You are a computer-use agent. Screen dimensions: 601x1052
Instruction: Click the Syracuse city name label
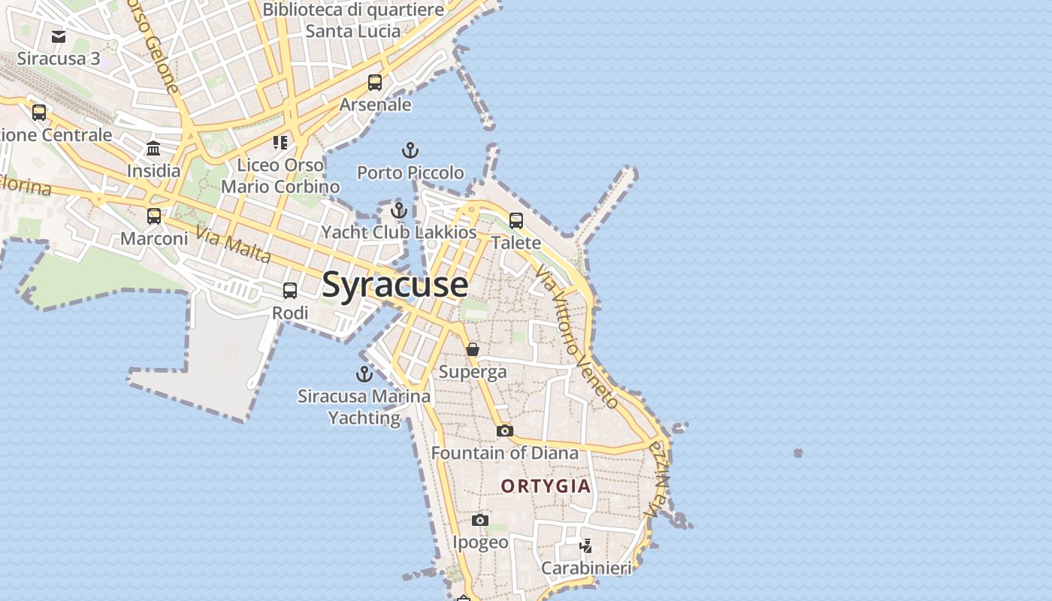pyautogui.click(x=395, y=285)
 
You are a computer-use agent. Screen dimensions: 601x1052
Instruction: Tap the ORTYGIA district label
pyautogui.click(x=546, y=486)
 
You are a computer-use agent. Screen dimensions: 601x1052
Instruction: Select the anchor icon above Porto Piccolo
pyautogui.click(x=410, y=150)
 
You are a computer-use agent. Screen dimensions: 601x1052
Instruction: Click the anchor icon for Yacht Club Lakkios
pyautogui.click(x=398, y=210)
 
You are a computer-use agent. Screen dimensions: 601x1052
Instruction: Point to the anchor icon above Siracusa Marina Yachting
pyautogui.click(x=364, y=373)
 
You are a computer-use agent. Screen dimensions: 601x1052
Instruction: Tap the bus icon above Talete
pyautogui.click(x=516, y=220)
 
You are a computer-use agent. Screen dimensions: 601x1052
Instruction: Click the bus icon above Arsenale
pyautogui.click(x=375, y=83)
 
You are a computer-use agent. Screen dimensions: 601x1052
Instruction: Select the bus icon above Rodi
pyautogui.click(x=290, y=290)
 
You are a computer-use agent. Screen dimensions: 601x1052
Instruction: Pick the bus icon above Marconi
pyautogui.click(x=154, y=216)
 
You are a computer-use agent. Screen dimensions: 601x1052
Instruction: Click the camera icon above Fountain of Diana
pyautogui.click(x=505, y=430)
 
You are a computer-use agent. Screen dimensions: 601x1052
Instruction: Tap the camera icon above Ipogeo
pyautogui.click(x=480, y=520)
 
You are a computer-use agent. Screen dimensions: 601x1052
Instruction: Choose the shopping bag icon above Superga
pyautogui.click(x=473, y=349)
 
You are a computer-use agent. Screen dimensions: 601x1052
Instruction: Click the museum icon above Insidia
pyautogui.click(x=153, y=148)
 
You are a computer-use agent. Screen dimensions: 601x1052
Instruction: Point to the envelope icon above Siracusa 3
pyautogui.click(x=59, y=36)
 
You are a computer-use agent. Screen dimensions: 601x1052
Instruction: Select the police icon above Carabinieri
pyautogui.click(x=586, y=546)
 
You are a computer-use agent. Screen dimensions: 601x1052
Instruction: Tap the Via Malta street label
pyautogui.click(x=234, y=244)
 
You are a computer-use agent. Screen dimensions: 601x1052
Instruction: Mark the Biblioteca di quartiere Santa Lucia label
pyautogui.click(x=353, y=20)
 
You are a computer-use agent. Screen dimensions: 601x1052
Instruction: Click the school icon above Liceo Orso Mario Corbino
pyautogui.click(x=280, y=143)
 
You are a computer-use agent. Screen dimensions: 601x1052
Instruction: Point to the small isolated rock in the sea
pyautogui.click(x=798, y=453)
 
